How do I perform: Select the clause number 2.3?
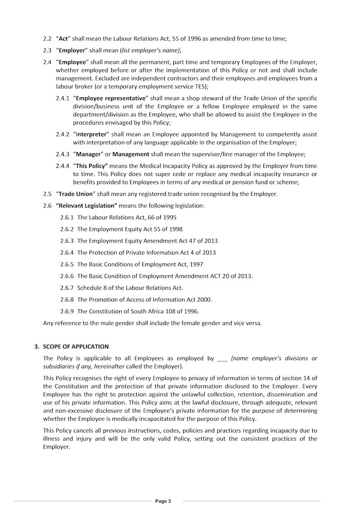point(47,50)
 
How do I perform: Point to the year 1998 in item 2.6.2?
point(175,229)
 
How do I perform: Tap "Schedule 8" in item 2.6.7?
point(92,288)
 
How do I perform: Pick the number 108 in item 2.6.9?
point(171,311)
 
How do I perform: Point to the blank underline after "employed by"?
point(222,359)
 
